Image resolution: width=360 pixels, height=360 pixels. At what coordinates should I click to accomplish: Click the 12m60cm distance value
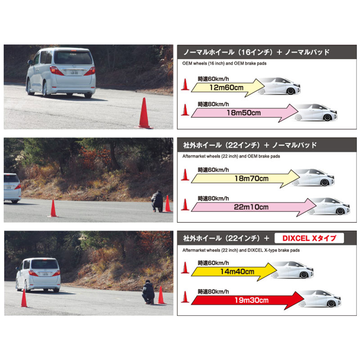(x=226, y=87)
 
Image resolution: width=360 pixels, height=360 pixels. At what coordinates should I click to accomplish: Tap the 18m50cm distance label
(x=243, y=113)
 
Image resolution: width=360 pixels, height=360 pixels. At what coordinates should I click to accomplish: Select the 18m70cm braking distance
(x=252, y=178)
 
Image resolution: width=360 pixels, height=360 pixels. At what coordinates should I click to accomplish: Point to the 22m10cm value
(x=251, y=207)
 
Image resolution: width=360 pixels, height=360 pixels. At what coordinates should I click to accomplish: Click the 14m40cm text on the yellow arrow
(x=237, y=272)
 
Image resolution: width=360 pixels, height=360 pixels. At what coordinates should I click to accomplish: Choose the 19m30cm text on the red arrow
(x=252, y=300)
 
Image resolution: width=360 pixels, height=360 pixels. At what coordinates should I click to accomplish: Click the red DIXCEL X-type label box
(x=309, y=238)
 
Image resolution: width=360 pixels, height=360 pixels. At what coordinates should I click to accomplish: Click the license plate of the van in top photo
(x=74, y=73)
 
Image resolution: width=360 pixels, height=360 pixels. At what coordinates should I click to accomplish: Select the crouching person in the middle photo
(x=157, y=201)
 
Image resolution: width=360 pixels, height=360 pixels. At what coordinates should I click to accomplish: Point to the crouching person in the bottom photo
(x=148, y=292)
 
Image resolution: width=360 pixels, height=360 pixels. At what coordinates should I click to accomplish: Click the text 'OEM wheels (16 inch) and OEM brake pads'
(x=224, y=63)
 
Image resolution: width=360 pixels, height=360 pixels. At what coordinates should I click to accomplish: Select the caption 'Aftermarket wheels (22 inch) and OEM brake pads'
(x=231, y=156)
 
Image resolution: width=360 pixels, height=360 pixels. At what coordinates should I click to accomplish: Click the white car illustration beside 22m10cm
(x=329, y=206)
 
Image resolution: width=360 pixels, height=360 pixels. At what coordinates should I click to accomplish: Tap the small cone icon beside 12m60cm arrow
(x=185, y=84)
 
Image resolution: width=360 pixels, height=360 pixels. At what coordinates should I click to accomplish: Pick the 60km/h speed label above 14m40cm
(x=213, y=263)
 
